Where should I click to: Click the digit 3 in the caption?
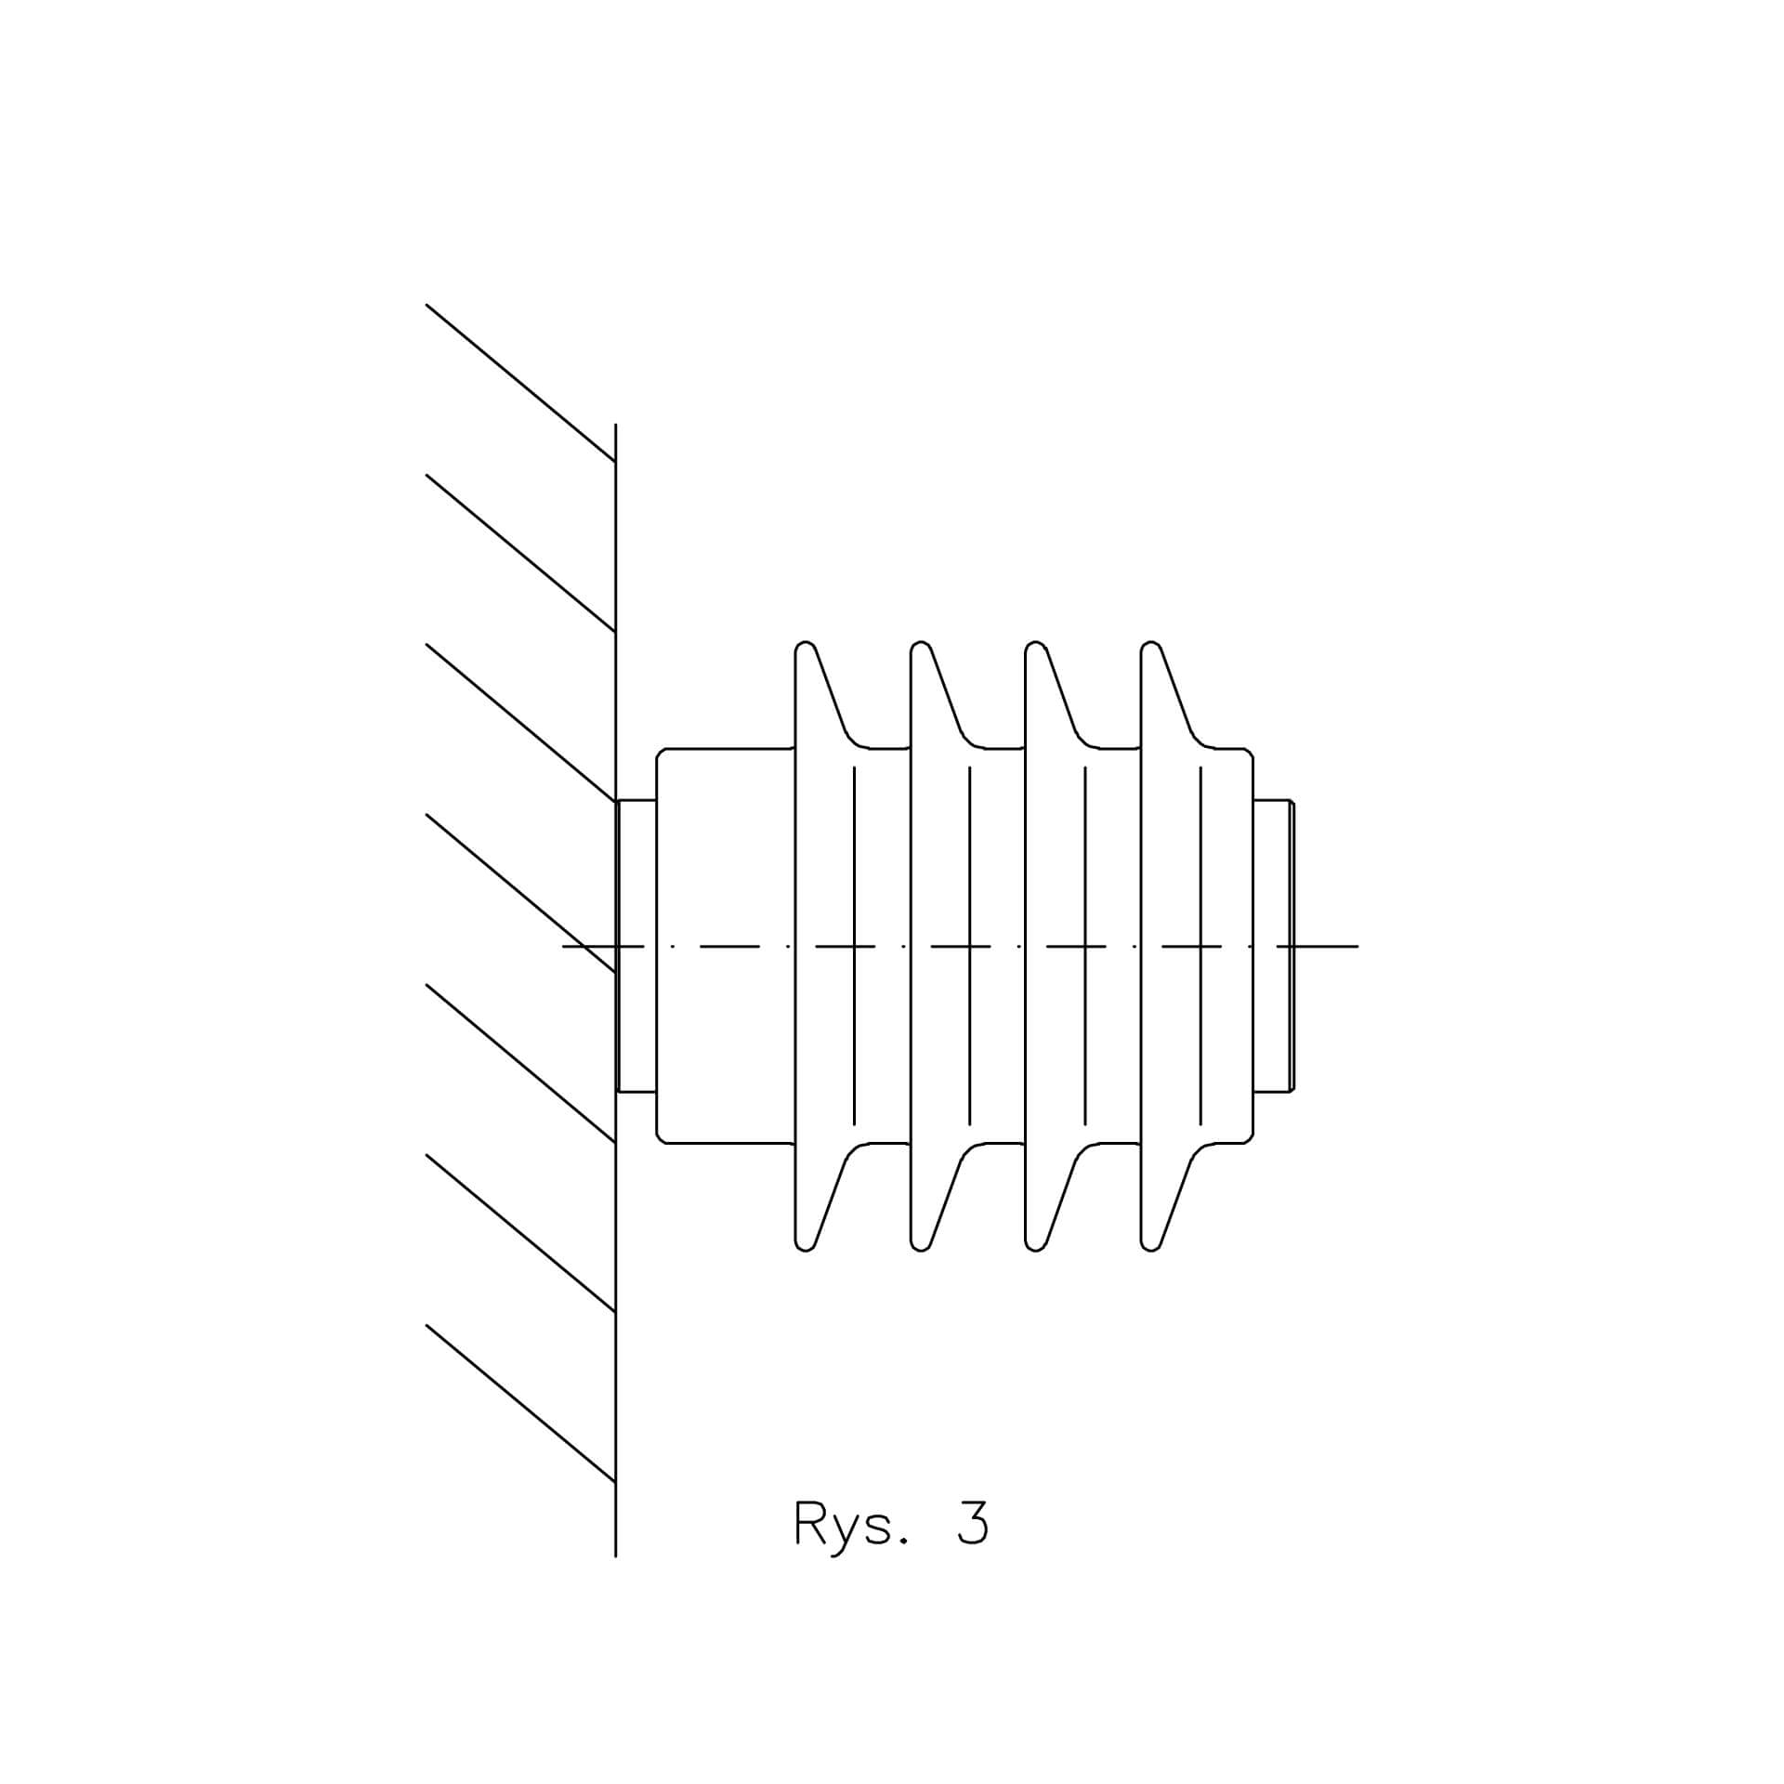click(973, 1545)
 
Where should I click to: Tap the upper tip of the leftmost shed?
click(806, 642)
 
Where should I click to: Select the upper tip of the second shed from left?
click(921, 642)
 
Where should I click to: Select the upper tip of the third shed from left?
click(1036, 642)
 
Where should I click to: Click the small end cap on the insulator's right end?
click(1274, 945)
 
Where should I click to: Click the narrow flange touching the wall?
click(636, 945)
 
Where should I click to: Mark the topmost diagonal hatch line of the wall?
click(520, 382)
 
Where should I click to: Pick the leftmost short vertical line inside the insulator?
click(854, 945)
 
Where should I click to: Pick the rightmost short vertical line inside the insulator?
click(1200, 945)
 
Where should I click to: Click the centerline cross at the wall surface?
click(616, 946)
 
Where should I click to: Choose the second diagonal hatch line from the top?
click(520, 553)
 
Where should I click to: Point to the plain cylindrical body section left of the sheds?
click(726, 945)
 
